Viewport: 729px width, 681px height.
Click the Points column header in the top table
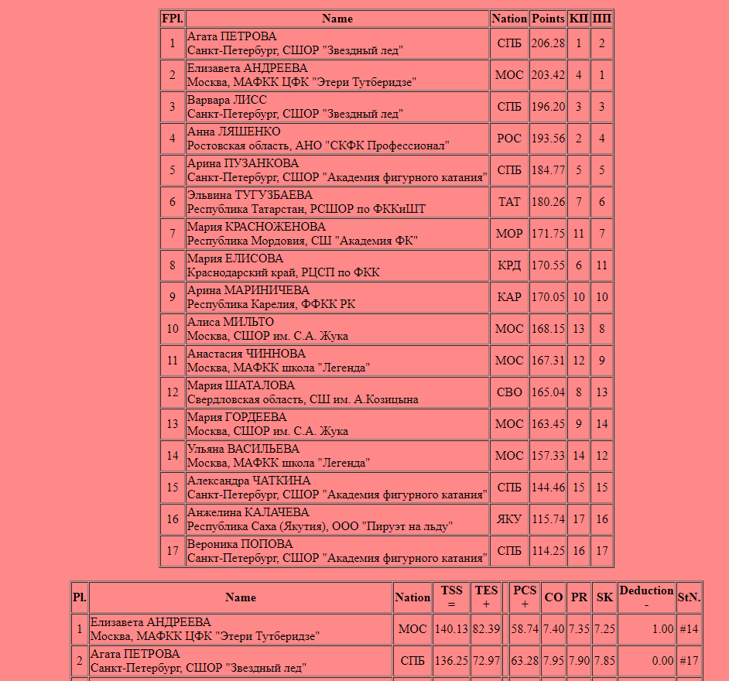[548, 19]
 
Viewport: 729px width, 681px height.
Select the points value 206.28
[548, 43]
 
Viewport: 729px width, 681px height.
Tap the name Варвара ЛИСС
[227, 100]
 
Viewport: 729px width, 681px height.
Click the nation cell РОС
[509, 139]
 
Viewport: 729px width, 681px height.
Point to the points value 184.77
[548, 170]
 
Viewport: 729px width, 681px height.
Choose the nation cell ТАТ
[509, 202]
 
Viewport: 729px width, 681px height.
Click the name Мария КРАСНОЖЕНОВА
[256, 227]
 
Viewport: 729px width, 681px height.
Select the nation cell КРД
[509, 265]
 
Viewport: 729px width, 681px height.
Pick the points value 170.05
[548, 297]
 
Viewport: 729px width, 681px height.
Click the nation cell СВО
[509, 392]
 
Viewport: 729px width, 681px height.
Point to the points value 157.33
[548, 456]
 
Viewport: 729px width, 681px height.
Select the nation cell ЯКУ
[509, 519]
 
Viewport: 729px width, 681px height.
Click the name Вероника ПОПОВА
[240, 544]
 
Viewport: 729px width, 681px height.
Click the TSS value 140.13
[452, 629]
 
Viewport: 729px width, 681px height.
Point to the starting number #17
[689, 661]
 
